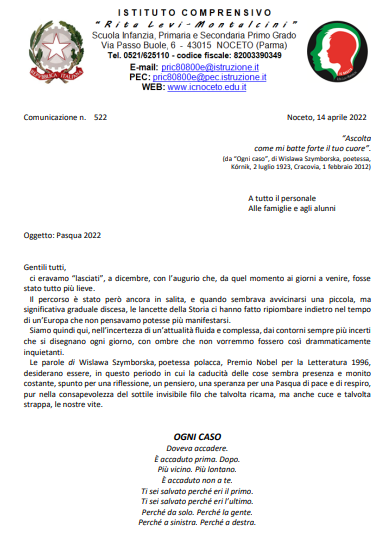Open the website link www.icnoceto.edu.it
point(205,86)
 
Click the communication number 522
point(100,116)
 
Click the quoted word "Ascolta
point(356,136)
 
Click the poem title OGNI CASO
point(195,438)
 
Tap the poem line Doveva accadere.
point(195,449)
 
